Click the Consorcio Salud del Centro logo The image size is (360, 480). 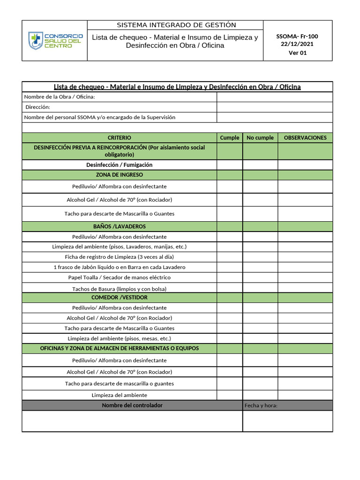(x=55, y=41)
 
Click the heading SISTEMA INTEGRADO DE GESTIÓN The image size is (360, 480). (x=176, y=25)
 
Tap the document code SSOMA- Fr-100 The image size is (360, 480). (x=297, y=36)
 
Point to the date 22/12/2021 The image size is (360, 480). (x=297, y=44)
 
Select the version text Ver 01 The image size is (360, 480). (x=297, y=52)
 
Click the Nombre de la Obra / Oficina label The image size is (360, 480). (x=60, y=97)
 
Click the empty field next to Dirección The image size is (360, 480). (x=274, y=107)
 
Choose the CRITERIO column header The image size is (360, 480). (x=120, y=138)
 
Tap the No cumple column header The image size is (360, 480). (x=260, y=138)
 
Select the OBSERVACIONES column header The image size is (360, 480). (x=305, y=138)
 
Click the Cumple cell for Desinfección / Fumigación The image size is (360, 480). (x=230, y=165)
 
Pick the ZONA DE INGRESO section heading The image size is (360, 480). (x=120, y=175)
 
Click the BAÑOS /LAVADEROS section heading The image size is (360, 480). (x=120, y=226)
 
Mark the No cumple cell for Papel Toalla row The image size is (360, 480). (x=260, y=277)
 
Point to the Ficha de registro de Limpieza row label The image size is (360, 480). (x=120, y=257)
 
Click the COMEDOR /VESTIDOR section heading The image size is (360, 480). (x=120, y=298)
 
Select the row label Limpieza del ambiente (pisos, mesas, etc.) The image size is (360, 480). (x=120, y=338)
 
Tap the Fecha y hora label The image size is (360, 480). (x=261, y=405)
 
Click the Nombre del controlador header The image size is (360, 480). (x=132, y=405)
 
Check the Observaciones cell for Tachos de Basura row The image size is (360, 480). (x=305, y=288)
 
